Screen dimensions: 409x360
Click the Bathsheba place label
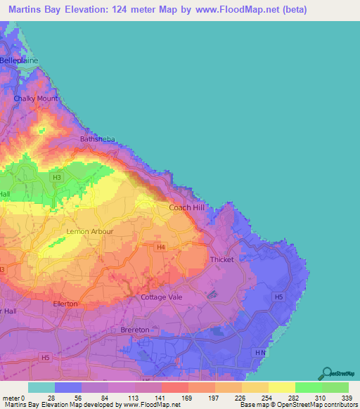coord(96,139)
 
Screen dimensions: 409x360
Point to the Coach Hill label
coord(188,208)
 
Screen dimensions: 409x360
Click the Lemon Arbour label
coord(89,231)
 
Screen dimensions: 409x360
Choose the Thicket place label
coord(222,260)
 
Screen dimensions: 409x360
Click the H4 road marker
coord(161,247)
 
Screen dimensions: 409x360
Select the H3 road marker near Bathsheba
coord(57,177)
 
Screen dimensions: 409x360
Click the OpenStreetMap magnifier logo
coord(327,374)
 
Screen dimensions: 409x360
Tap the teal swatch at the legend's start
coord(41,387)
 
